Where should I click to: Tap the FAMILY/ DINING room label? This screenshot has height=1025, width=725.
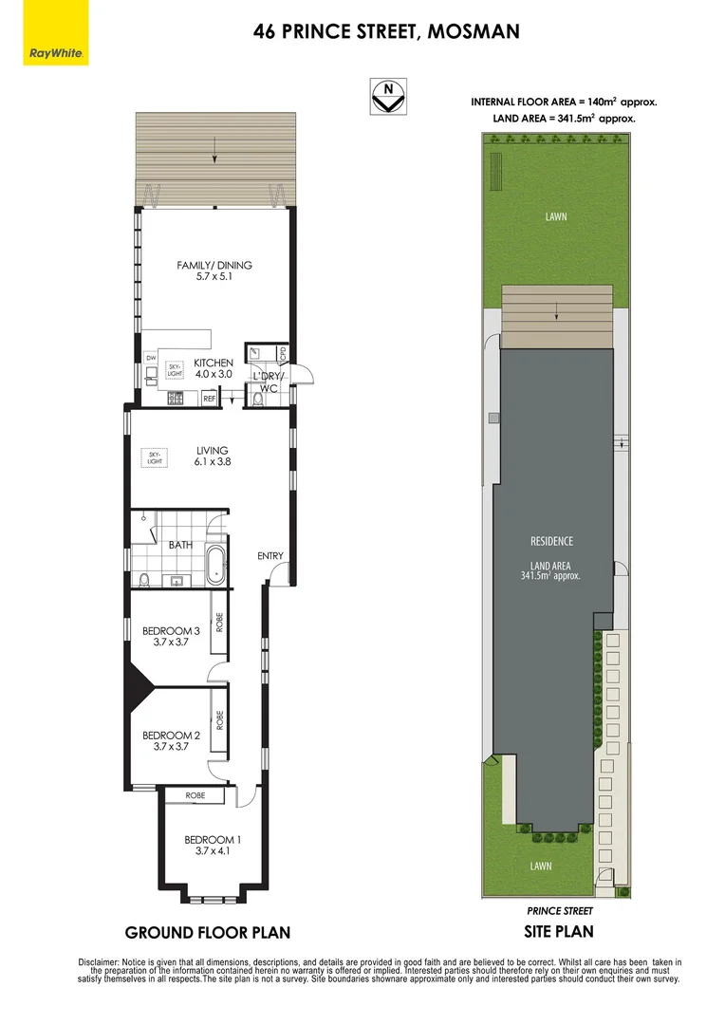tap(214, 271)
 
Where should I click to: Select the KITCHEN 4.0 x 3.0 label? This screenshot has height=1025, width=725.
tap(214, 368)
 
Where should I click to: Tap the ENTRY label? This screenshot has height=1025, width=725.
tap(270, 556)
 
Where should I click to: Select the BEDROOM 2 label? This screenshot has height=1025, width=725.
tap(171, 741)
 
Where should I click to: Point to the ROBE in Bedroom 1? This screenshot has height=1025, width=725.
tap(195, 795)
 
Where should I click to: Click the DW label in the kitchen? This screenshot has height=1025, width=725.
tap(150, 357)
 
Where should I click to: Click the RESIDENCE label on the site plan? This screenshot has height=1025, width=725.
tap(551, 541)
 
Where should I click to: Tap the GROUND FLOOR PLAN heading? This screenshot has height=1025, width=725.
tap(208, 932)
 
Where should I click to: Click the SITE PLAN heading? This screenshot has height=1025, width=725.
tap(559, 931)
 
